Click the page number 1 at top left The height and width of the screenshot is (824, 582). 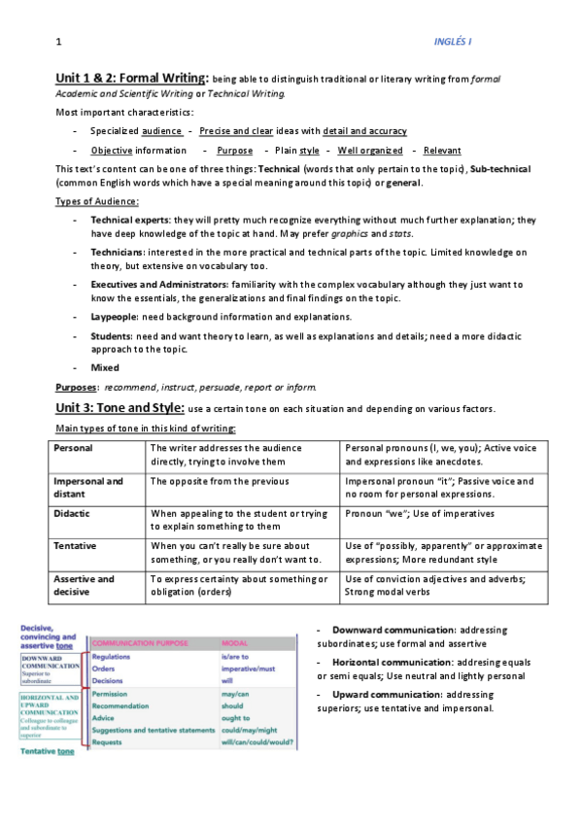(59, 42)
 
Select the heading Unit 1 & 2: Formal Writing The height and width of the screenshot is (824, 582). (131, 78)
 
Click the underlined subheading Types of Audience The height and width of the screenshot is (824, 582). (96, 201)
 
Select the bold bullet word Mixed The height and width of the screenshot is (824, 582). (105, 367)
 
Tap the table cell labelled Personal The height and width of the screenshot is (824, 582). (74, 448)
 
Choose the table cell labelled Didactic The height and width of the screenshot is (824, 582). (74, 513)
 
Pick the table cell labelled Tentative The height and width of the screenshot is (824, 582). (76, 546)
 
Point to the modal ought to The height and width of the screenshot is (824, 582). (235, 718)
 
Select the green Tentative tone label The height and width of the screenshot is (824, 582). (47, 751)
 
